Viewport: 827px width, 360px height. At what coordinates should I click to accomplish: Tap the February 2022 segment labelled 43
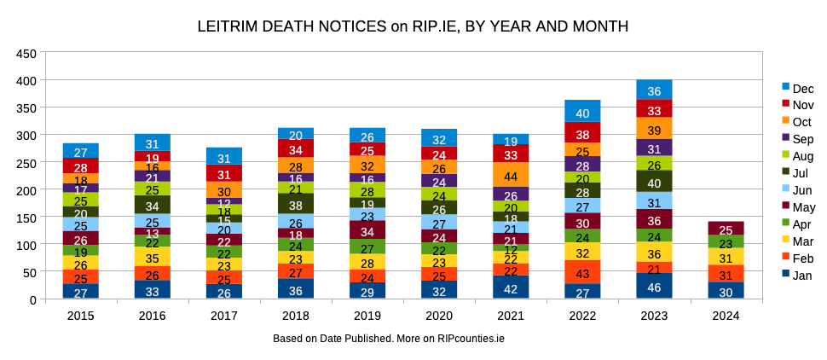coord(582,273)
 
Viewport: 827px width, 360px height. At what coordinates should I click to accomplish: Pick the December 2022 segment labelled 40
coord(582,111)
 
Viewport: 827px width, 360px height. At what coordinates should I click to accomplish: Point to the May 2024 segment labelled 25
coord(726,229)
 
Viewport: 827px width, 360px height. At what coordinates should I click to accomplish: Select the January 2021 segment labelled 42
coord(511,287)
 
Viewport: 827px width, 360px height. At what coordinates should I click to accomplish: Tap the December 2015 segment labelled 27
coord(81,151)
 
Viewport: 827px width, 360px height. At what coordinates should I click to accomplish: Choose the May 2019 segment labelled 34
coord(367,230)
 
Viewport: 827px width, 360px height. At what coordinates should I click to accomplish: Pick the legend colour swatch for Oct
coord(785,122)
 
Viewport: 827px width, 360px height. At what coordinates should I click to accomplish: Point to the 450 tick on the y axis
coord(26,53)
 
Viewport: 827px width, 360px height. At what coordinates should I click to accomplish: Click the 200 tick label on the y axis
coord(26,190)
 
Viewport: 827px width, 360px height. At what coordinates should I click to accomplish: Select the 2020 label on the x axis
coord(439,316)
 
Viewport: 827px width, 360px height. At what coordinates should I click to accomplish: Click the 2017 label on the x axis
coord(224,316)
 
